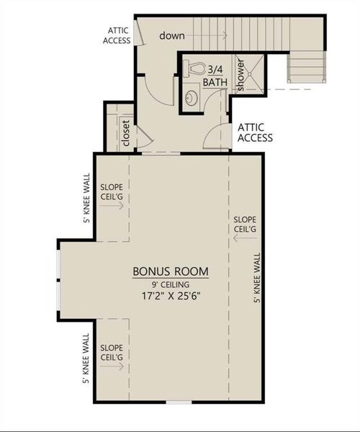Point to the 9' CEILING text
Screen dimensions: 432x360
(171, 283)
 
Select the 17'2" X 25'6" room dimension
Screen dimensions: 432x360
(171, 294)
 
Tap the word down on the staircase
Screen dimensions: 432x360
(174, 35)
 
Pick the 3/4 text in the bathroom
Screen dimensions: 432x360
(215, 70)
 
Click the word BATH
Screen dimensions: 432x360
(215, 82)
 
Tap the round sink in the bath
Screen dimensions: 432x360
(191, 99)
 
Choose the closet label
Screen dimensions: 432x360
(126, 132)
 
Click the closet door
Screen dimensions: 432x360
(143, 135)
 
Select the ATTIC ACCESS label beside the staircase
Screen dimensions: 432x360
(119, 35)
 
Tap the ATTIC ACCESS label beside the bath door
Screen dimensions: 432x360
(255, 132)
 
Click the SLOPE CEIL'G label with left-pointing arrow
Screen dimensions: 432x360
(245, 223)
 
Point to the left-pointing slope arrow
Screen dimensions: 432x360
(246, 238)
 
